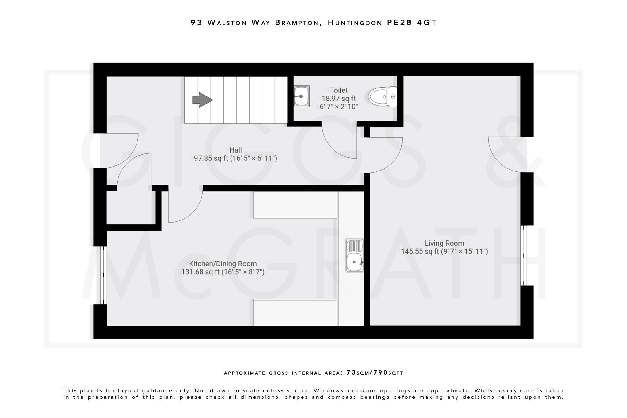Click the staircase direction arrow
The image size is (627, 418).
tap(202, 100)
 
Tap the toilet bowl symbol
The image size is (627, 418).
tap(382, 96)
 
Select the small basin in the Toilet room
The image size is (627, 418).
tap(302, 96)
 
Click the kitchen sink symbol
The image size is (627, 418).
tap(355, 255)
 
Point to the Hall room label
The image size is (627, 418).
tap(235, 150)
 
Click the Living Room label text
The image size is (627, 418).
tap(444, 243)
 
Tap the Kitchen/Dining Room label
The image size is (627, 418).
tap(223, 264)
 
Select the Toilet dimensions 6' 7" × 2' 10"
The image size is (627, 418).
tap(339, 107)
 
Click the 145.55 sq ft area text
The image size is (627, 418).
tap(420, 251)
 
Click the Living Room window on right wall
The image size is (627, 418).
tap(524, 255)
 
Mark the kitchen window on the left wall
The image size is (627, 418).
tap(103, 275)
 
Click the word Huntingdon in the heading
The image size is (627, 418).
tap(355, 22)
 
